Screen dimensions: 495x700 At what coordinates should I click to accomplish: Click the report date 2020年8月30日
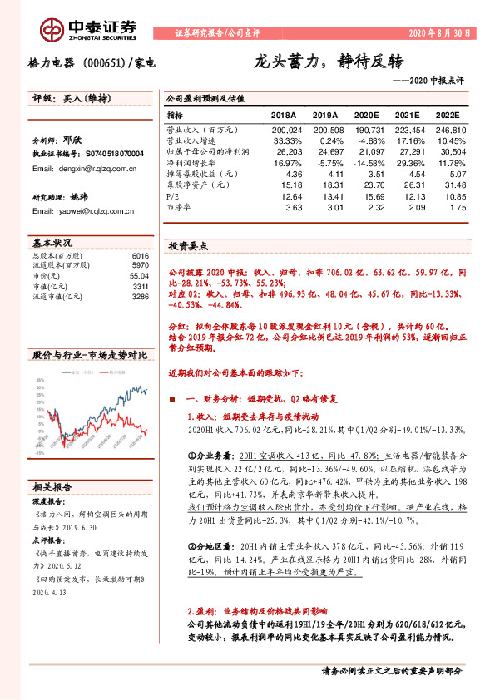tap(439, 33)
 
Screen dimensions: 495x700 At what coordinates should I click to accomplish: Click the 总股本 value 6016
tap(140, 256)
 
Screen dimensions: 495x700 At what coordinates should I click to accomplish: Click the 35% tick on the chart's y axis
tap(39, 381)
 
